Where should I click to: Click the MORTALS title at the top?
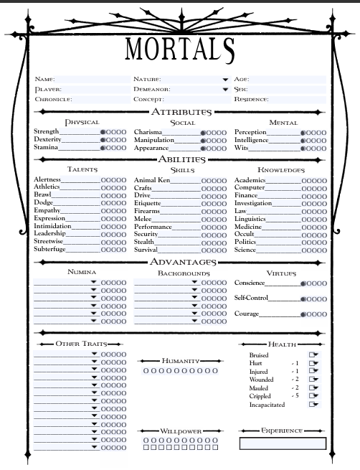click(179, 48)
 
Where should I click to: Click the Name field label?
click(44, 79)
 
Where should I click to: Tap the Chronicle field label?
click(52, 99)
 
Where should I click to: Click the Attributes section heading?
click(180, 112)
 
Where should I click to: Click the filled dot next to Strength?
click(103, 133)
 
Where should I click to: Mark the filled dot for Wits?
click(303, 148)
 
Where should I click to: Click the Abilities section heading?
click(180, 159)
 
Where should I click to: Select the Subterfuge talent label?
click(49, 250)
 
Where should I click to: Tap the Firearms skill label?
click(147, 211)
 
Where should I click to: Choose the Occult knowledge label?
click(245, 234)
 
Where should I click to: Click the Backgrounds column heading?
click(184, 273)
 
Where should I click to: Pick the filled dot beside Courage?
click(303, 314)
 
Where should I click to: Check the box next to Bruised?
click(312, 354)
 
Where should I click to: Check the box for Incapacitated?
click(312, 404)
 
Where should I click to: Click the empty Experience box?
click(283, 443)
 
